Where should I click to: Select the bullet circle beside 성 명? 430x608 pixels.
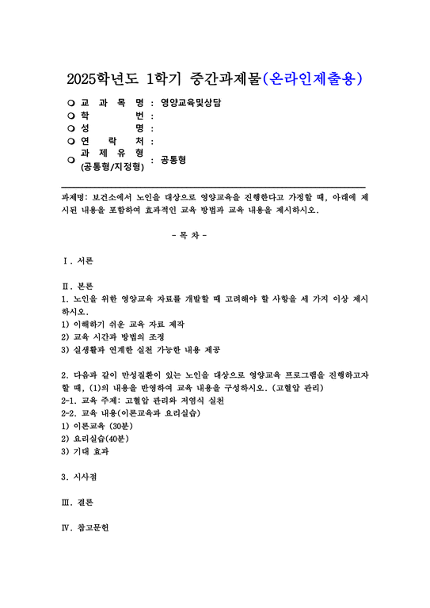71,128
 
